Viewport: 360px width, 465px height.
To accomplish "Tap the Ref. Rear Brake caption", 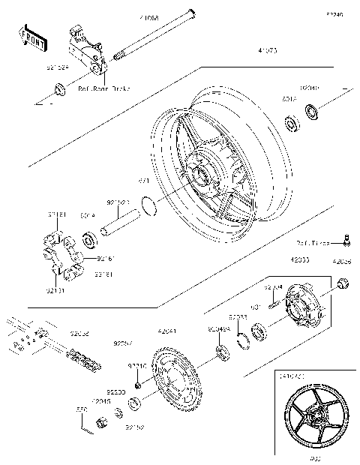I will pyautogui.click(x=105, y=88).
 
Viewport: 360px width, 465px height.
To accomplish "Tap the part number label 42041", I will pyautogui.click(x=167, y=330).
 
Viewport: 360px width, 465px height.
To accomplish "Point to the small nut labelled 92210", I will pyautogui.click(x=139, y=385).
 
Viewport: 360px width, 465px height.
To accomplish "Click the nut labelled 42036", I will pyautogui.click(x=343, y=283).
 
